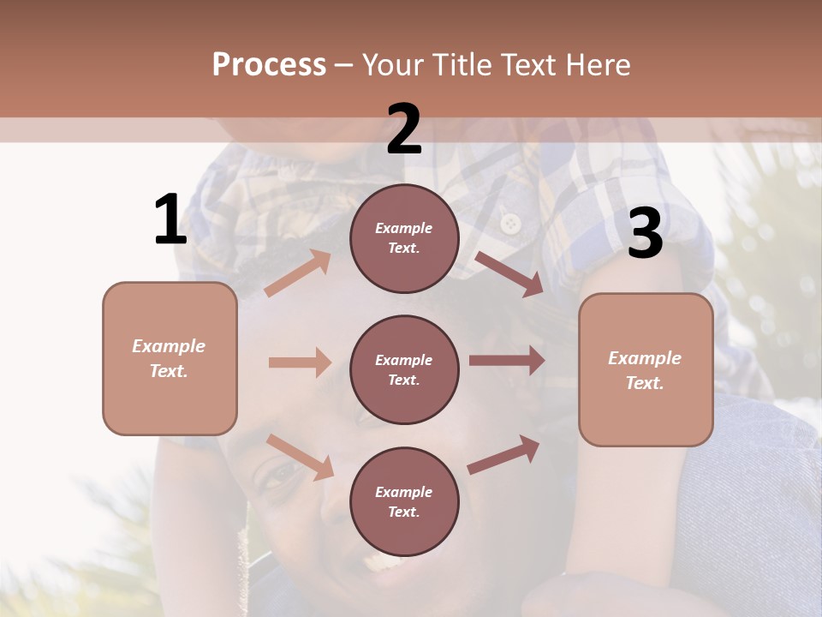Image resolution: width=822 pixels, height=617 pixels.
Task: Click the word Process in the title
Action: [x=269, y=64]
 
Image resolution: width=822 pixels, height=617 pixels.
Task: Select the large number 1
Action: [x=170, y=220]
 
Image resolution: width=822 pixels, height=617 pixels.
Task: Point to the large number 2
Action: [x=404, y=130]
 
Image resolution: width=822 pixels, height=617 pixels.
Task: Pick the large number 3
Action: [x=645, y=235]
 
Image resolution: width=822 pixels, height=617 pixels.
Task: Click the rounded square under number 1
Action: [x=170, y=358]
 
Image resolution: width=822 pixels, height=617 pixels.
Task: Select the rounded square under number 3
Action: [x=646, y=369]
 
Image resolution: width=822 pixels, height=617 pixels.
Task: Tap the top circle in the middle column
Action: [x=404, y=238]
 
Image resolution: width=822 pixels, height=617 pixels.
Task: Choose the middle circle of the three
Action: [x=404, y=369]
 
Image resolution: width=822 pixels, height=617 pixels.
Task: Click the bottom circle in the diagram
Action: [x=404, y=501]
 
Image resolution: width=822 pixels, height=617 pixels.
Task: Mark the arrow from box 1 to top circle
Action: [x=298, y=273]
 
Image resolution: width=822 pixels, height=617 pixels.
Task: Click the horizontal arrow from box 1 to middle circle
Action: [x=300, y=362]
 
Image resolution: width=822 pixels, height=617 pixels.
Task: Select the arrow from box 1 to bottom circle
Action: [x=300, y=457]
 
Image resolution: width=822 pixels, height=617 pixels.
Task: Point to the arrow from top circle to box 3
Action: [x=509, y=274]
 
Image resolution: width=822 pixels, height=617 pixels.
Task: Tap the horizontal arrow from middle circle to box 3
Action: [x=507, y=361]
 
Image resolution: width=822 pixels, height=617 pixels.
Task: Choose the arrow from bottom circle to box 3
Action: [x=504, y=454]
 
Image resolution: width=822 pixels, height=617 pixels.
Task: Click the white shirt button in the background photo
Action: [x=511, y=224]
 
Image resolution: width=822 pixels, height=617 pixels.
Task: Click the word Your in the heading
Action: [x=393, y=64]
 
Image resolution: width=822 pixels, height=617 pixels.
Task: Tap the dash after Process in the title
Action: [x=344, y=65]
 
